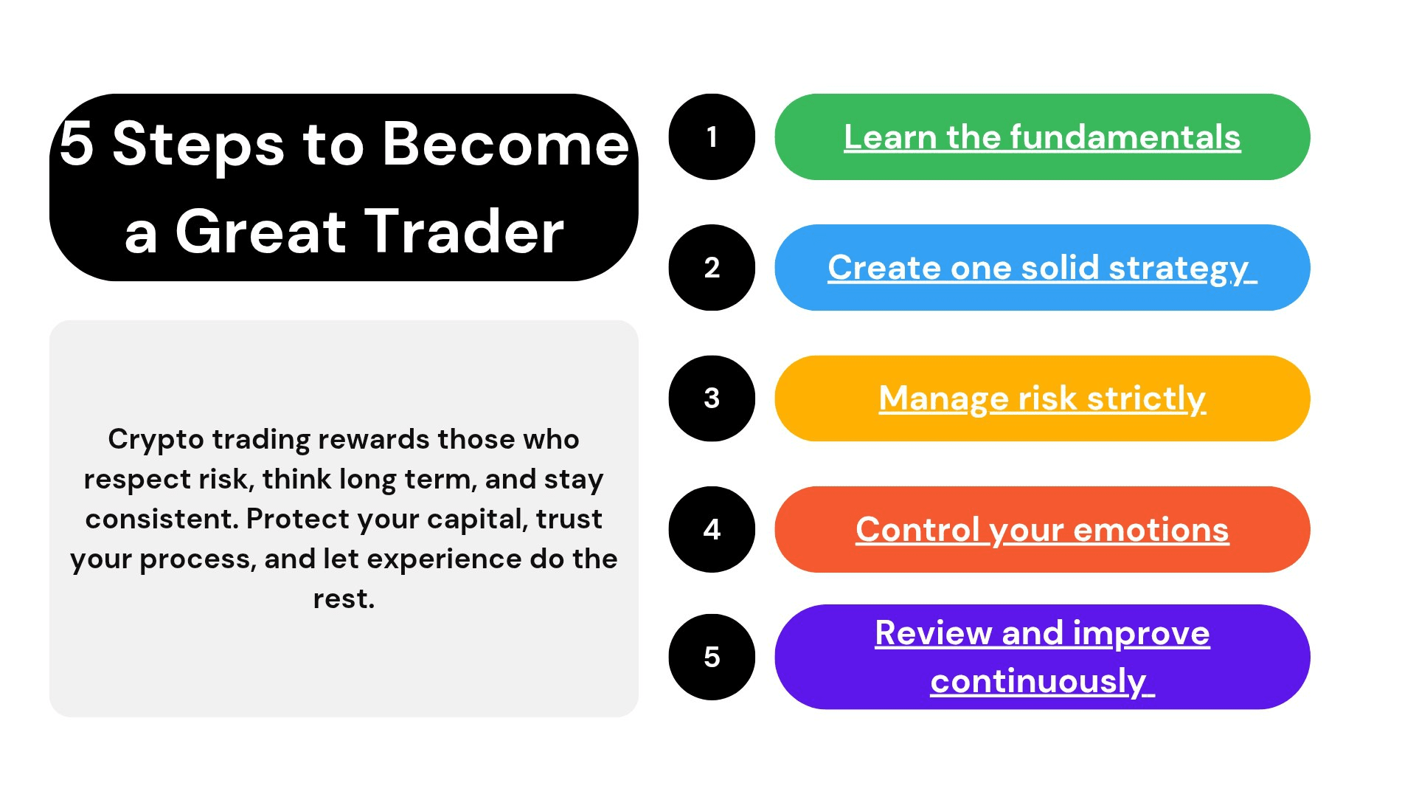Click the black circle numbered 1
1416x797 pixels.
click(x=712, y=137)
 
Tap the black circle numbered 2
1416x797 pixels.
click(x=712, y=267)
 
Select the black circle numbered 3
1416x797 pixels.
click(x=712, y=398)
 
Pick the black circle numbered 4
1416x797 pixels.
click(x=712, y=529)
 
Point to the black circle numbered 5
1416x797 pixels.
click(x=712, y=657)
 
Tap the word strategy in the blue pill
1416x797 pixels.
click(x=1179, y=269)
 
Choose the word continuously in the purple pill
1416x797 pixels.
click(x=1038, y=682)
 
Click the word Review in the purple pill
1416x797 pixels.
click(x=933, y=633)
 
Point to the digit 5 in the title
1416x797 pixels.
click(x=77, y=143)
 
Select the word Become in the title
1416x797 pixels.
click(x=506, y=143)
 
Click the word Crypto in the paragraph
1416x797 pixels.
click(x=156, y=440)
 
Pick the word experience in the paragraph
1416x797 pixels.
click(x=445, y=560)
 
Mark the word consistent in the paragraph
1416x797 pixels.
click(x=162, y=519)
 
